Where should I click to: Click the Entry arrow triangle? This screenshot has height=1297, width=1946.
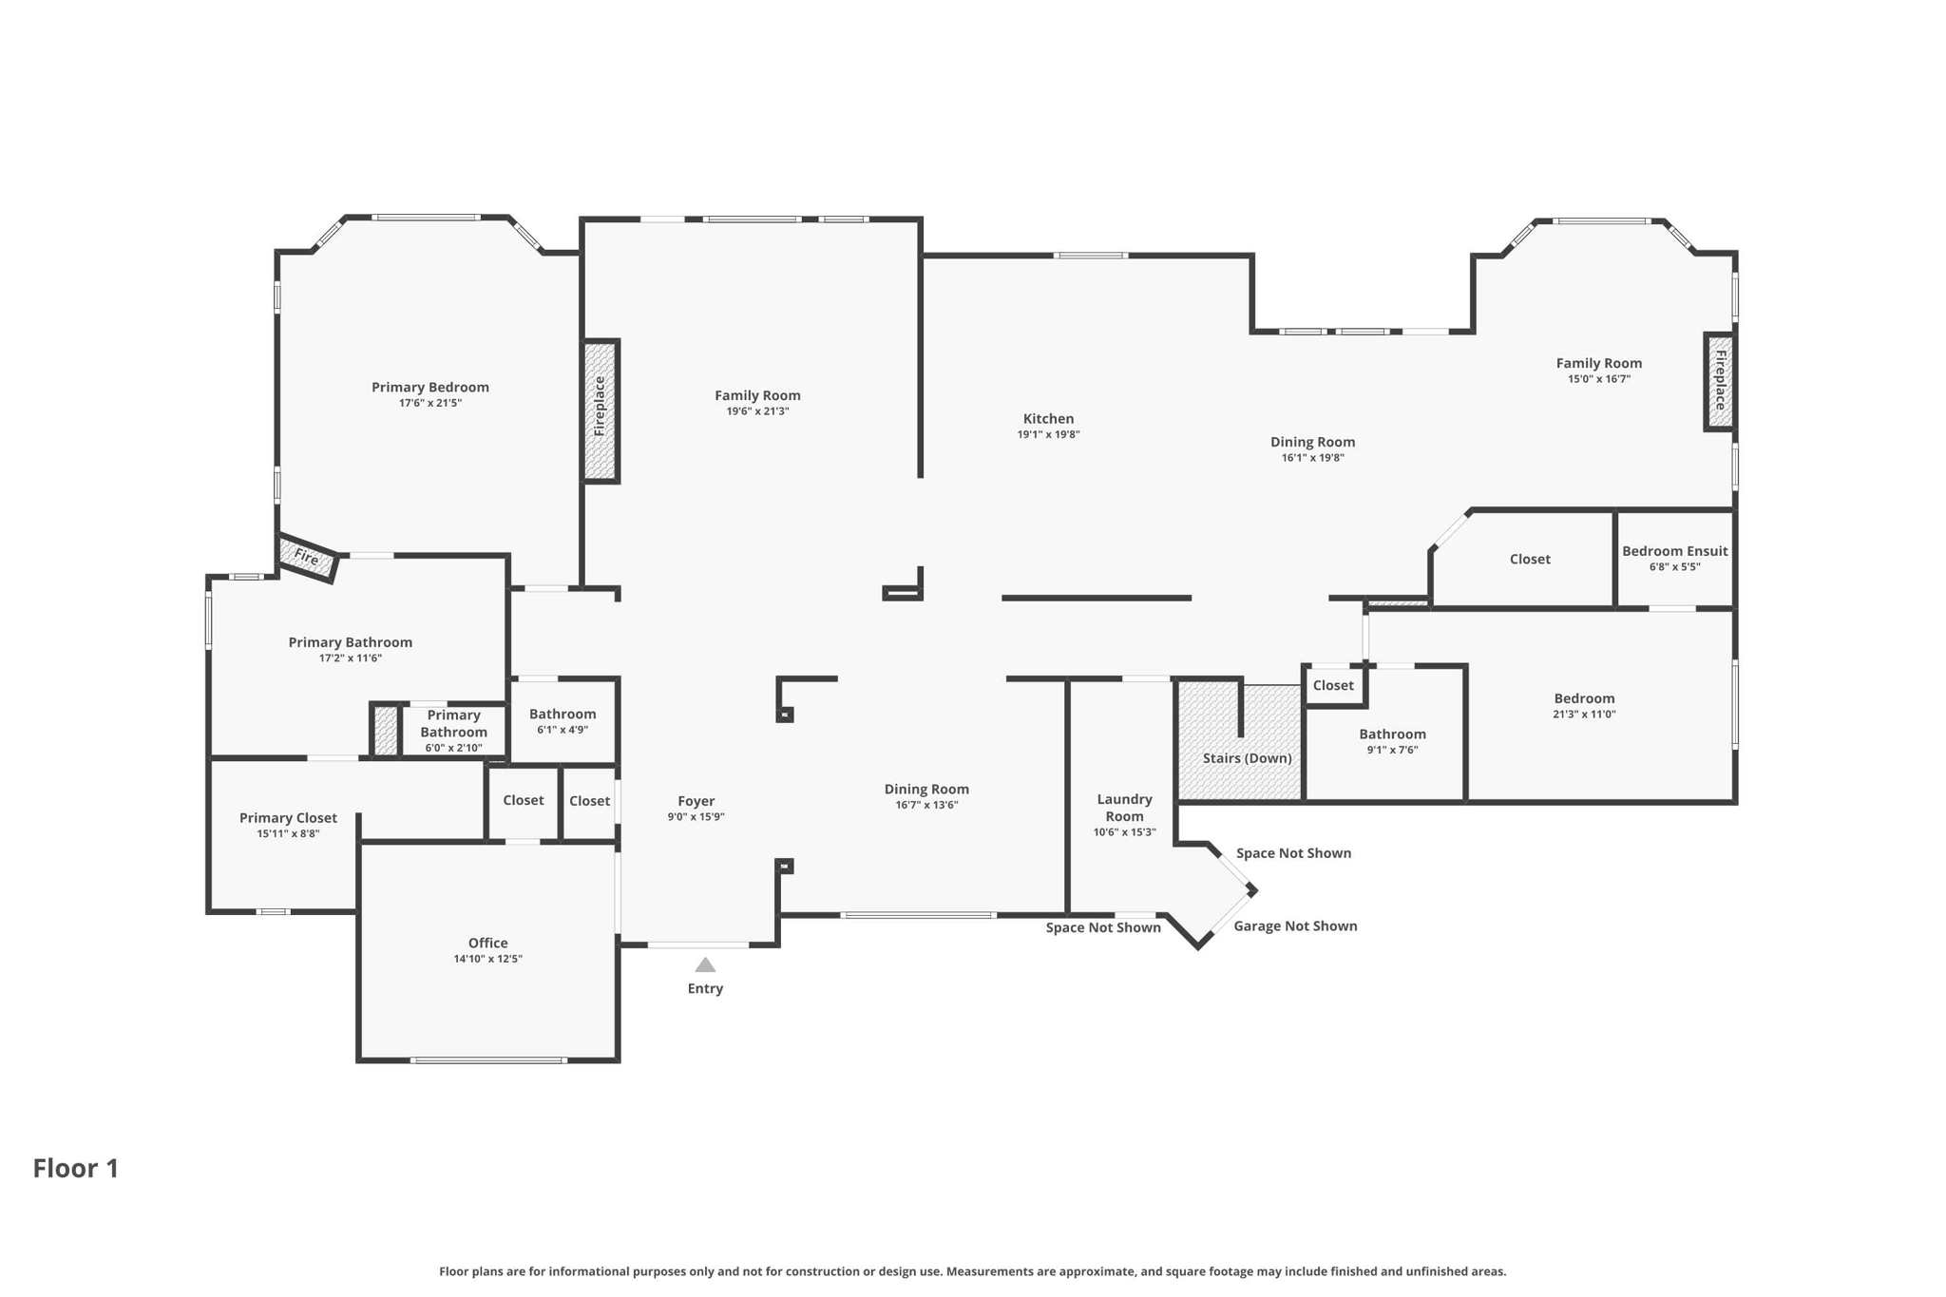tap(705, 964)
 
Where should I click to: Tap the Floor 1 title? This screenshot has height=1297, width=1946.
tap(76, 1168)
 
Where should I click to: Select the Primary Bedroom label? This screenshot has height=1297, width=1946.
tap(430, 387)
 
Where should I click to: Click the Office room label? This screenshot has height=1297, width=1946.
tap(487, 943)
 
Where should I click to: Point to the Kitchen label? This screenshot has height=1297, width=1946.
tap(1048, 418)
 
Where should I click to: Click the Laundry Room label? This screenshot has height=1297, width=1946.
tap(1125, 808)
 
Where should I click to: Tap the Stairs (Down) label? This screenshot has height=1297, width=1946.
tap(1248, 758)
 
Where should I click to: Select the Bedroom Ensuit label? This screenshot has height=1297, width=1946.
tap(1675, 551)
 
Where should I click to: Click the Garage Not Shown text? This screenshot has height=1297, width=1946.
tap(1295, 925)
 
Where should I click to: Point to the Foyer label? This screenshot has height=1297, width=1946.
tap(696, 801)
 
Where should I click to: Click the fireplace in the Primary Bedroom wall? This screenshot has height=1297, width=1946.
tap(601, 410)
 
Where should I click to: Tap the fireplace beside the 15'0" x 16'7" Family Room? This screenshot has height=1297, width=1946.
tap(1719, 381)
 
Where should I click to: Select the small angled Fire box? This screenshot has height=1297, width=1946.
tap(307, 558)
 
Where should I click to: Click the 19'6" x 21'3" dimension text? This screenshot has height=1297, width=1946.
tap(757, 411)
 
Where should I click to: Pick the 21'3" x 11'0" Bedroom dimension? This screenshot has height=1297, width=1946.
tap(1584, 715)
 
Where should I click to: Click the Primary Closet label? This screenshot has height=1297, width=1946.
tap(288, 818)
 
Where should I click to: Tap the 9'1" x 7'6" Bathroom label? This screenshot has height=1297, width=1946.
tap(1392, 734)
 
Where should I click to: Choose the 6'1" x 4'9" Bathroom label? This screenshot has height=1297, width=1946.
tap(563, 714)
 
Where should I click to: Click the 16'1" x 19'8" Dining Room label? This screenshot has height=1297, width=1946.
tap(1312, 442)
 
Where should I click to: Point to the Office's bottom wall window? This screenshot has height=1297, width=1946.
tap(488, 1059)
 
